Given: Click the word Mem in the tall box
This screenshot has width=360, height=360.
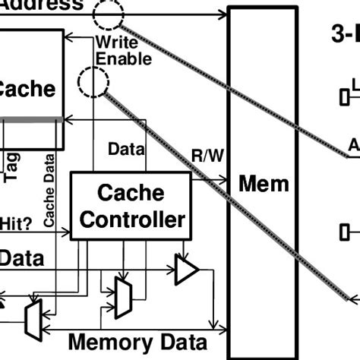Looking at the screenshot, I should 264,183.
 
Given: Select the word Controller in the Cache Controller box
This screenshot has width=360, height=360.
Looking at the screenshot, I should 132,219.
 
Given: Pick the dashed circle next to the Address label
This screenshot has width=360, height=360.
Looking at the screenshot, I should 110,13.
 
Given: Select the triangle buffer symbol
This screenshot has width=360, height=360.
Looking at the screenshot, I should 186,270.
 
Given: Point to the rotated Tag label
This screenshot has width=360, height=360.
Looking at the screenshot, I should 13,167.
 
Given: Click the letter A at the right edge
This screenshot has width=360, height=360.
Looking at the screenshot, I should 353,144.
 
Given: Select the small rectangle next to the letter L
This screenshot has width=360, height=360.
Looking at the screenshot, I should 343,96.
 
